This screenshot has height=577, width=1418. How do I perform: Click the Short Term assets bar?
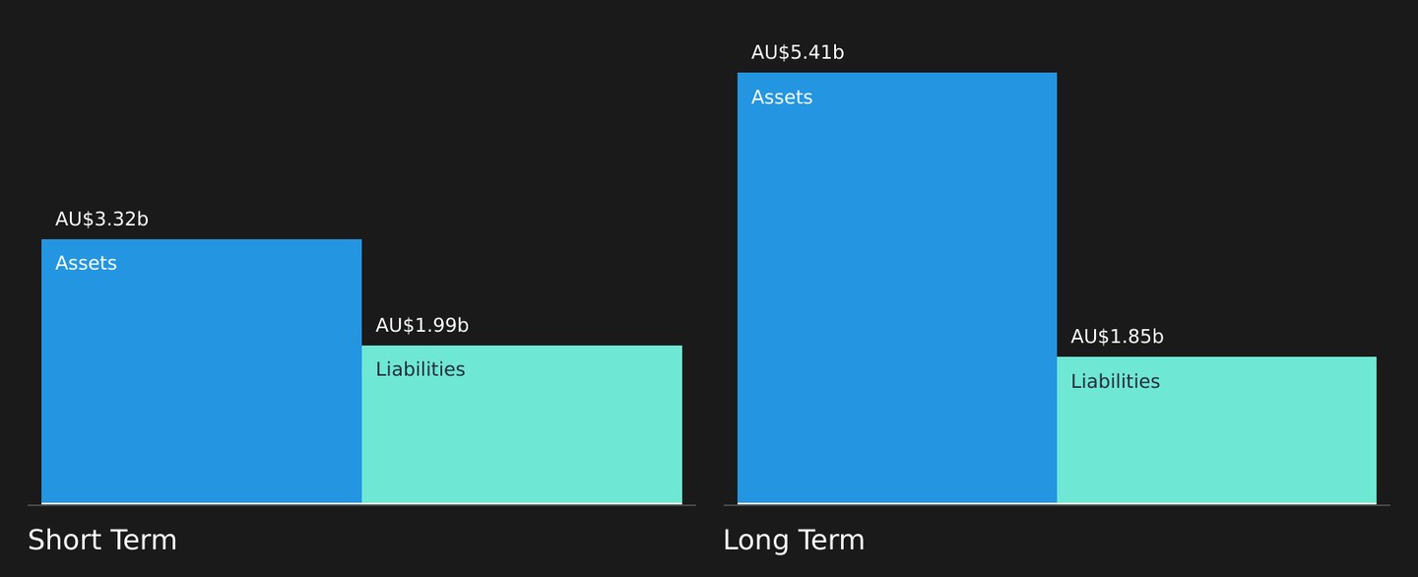coord(201,371)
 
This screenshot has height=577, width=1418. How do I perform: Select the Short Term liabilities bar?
coord(522,424)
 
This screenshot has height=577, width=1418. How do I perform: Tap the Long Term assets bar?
coord(897,288)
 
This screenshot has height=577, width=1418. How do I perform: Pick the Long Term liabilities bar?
coord(1217,430)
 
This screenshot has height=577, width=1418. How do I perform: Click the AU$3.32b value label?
coord(102,219)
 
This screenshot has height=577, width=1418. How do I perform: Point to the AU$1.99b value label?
coord(422,325)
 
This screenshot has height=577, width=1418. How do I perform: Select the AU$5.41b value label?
coord(798,52)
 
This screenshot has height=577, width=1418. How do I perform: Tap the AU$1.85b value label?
coord(1118,337)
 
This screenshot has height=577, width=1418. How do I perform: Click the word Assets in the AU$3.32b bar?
coord(86,263)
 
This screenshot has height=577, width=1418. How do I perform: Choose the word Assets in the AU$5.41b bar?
coord(782,97)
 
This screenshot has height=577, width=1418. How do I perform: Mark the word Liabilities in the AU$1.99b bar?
coord(420,369)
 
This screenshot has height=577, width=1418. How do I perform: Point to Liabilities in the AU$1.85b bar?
coord(1116,381)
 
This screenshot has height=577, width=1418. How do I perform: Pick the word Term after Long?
coord(831,541)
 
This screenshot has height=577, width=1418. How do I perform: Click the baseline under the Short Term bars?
coord(361,505)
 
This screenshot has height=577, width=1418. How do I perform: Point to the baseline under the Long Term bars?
coord(1057,505)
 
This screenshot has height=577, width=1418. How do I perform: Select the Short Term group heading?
coord(102,541)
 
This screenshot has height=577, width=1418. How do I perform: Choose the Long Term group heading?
coord(794,541)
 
